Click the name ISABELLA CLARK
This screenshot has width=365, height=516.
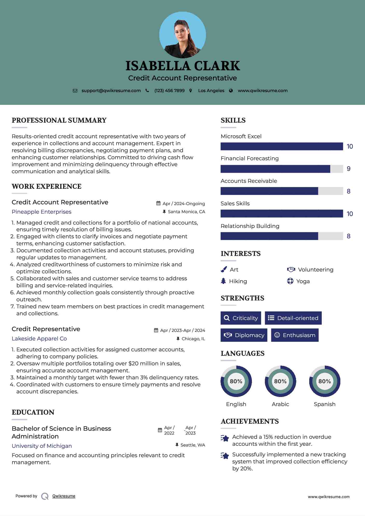click(182, 66)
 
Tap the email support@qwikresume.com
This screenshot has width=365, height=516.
click(111, 90)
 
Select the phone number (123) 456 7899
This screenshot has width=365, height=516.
click(169, 90)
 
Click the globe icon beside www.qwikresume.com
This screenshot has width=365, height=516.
click(231, 91)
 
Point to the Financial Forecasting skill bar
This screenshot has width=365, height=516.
click(281, 169)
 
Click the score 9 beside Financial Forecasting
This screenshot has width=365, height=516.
click(348, 169)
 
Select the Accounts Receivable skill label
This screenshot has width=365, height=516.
click(249, 181)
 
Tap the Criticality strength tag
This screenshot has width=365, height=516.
click(241, 318)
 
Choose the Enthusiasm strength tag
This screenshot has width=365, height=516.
click(295, 335)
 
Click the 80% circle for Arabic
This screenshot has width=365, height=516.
click(280, 381)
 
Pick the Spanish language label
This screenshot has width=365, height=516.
click(325, 404)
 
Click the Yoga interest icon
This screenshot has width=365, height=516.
click(290, 281)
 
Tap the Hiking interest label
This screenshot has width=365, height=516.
click(238, 281)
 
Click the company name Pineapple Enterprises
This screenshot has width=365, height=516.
click(42, 212)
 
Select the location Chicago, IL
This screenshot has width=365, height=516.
click(193, 339)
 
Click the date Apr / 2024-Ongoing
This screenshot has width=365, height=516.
click(183, 204)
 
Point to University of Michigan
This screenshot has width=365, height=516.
click(42, 446)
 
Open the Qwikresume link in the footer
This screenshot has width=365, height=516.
click(64, 496)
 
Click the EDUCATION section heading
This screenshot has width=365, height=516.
click(33, 412)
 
